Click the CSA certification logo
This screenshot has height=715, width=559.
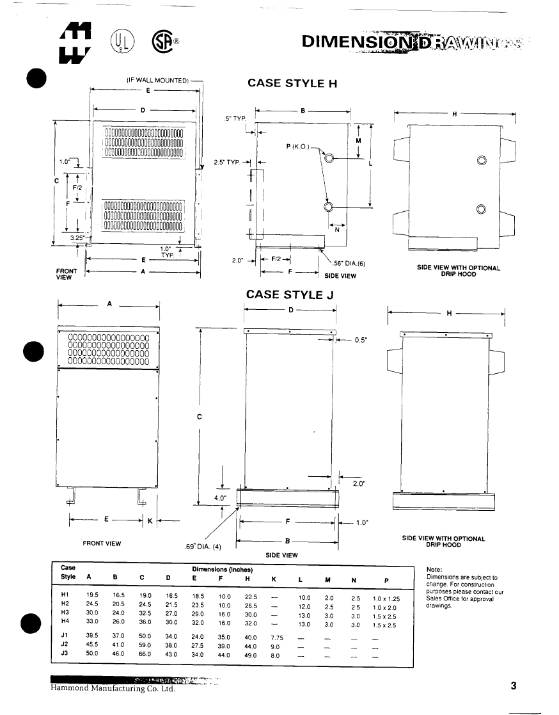(x=162, y=42)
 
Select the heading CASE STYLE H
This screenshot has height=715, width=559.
(x=292, y=83)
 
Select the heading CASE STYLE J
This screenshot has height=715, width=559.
(x=290, y=294)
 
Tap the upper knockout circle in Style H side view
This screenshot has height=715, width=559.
(x=328, y=158)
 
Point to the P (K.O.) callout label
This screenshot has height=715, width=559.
(x=297, y=147)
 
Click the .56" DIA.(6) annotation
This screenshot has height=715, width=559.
(x=349, y=263)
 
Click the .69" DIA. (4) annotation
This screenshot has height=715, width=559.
(x=204, y=547)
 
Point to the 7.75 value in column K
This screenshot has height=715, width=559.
(x=276, y=638)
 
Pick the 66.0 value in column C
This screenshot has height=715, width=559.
(x=145, y=655)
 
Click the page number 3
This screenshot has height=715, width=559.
(x=514, y=687)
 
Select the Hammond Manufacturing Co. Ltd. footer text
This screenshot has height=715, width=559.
(x=113, y=689)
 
